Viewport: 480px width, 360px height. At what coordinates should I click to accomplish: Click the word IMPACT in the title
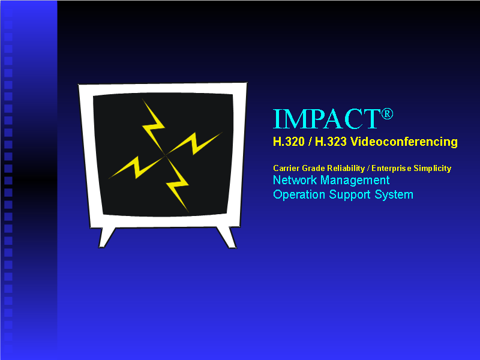[326, 119]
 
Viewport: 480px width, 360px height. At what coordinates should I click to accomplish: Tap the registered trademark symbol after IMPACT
[387, 114]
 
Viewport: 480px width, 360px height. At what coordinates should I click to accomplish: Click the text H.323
[334, 142]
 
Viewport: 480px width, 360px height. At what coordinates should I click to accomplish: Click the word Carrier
[286, 169]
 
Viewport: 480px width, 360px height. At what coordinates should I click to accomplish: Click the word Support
[349, 195]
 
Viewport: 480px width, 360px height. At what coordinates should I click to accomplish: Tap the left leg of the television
[107, 236]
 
